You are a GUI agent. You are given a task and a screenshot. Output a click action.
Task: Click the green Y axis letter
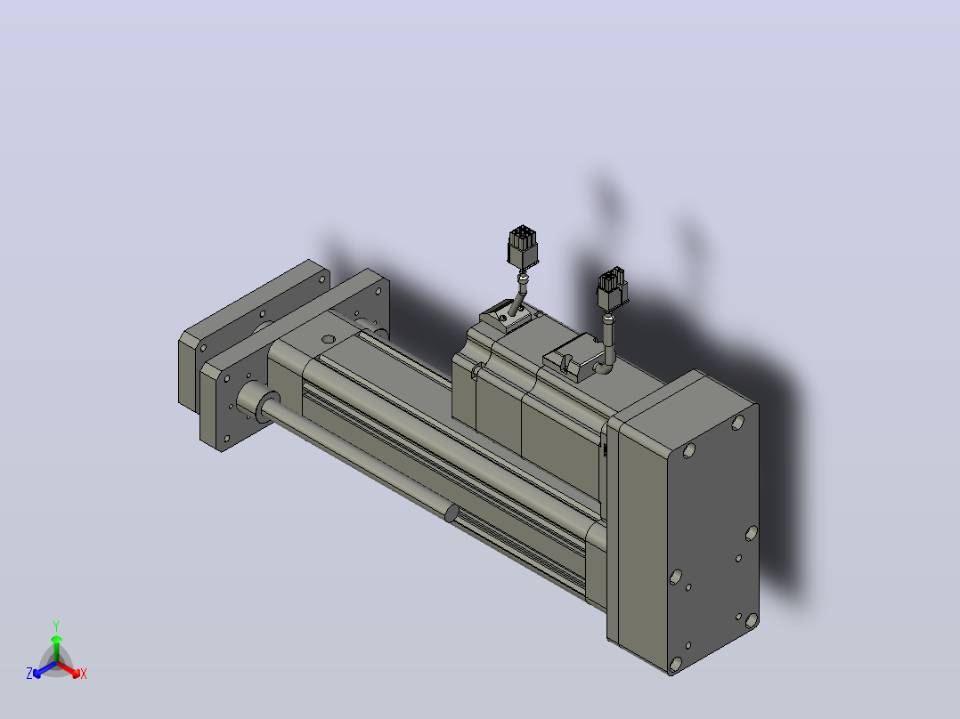click(x=56, y=626)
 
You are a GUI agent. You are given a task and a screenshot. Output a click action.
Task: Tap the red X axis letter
click(x=84, y=674)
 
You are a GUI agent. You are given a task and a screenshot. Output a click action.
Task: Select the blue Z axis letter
click(x=29, y=673)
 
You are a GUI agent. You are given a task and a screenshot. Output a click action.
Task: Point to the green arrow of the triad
click(x=56, y=648)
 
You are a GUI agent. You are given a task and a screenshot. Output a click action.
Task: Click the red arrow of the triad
click(x=69, y=669)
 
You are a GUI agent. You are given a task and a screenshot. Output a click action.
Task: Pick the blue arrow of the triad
click(x=45, y=669)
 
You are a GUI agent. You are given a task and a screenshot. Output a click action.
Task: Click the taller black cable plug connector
click(x=522, y=246)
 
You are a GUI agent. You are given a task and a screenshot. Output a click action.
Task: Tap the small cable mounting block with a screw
click(x=505, y=316)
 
